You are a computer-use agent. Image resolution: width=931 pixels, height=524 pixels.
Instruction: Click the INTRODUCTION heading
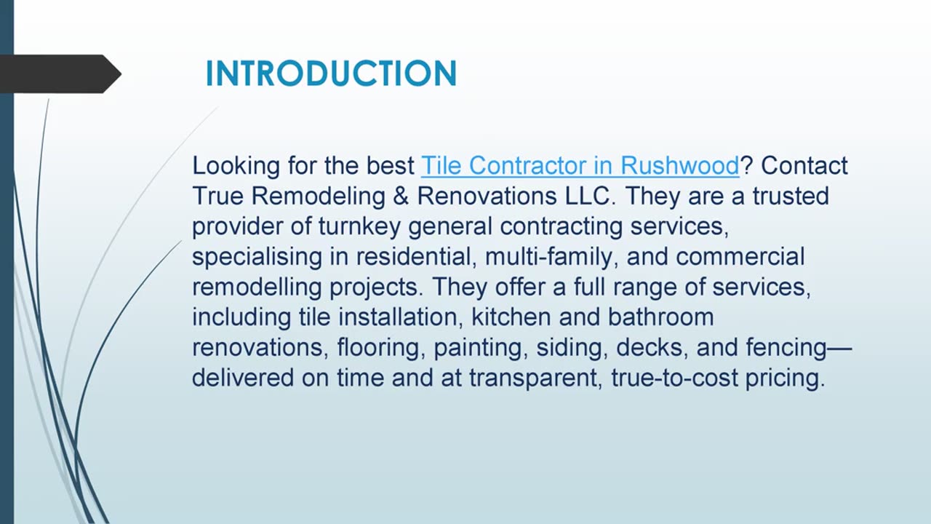[x=331, y=74]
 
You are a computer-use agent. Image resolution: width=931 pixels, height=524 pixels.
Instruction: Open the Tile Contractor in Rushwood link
[x=580, y=166]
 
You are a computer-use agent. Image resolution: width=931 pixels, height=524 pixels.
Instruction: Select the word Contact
[x=804, y=166]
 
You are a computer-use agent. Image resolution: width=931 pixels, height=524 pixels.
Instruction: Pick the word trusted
[x=791, y=196]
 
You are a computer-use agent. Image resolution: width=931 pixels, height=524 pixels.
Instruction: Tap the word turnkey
[x=359, y=227]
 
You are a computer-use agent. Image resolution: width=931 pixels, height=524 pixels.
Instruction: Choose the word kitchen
[x=508, y=317]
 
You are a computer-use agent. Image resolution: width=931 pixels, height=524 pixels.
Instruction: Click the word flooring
[x=379, y=348]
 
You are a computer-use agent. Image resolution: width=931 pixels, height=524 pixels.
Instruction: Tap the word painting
[x=480, y=348]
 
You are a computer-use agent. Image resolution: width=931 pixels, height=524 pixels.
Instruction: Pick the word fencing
[x=786, y=348]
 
